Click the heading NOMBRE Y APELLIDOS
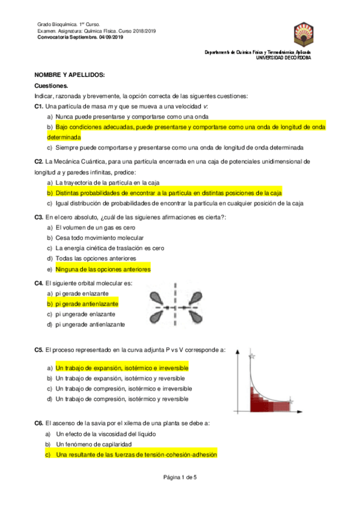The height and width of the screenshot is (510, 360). [x=70, y=75]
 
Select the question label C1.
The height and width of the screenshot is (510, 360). [x=39, y=106]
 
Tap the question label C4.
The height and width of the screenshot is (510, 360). [x=39, y=283]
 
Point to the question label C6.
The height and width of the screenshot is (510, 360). [x=39, y=423]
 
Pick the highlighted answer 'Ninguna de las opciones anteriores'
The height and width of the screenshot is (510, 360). [x=103, y=269]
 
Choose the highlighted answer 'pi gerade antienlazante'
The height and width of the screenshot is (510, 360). [x=87, y=304]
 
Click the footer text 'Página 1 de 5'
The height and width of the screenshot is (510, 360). [x=180, y=477]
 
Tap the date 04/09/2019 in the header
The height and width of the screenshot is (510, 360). [x=106, y=37]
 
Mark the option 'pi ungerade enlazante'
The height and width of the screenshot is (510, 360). [x=85, y=314]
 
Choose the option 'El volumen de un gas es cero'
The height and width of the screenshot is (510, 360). [x=95, y=228]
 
